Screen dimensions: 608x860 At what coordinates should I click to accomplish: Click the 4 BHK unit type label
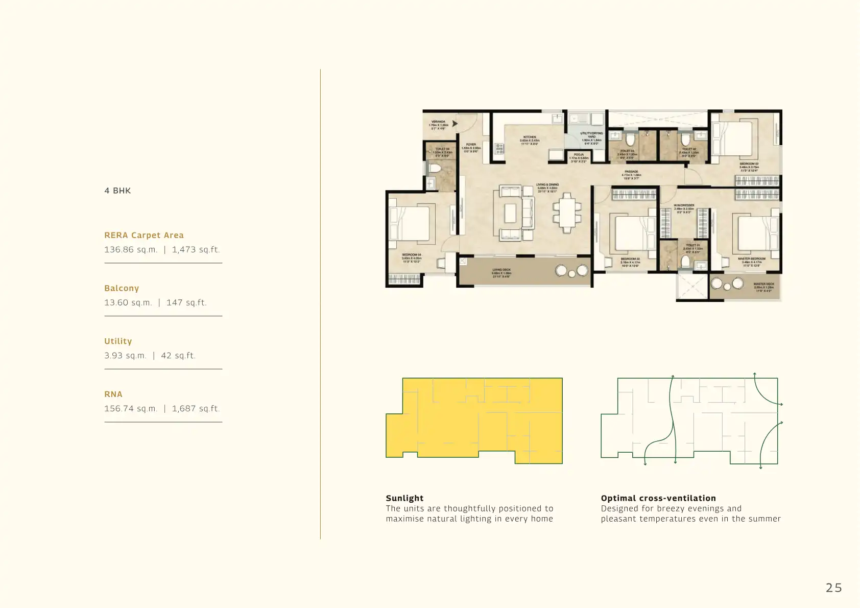click(117, 191)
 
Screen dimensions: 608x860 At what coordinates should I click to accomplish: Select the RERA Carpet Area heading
click(144, 235)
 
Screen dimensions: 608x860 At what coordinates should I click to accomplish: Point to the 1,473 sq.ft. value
click(196, 250)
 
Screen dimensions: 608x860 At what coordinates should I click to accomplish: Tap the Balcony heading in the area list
click(122, 288)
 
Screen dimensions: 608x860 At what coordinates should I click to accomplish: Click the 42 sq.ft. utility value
click(178, 356)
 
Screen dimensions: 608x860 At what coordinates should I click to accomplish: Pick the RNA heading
click(113, 394)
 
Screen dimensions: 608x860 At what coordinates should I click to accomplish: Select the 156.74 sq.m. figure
click(131, 409)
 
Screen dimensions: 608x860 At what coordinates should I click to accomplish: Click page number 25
click(833, 588)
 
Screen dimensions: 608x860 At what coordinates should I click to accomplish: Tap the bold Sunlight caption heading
click(404, 498)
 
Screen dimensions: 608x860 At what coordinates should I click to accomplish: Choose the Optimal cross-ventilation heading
click(658, 498)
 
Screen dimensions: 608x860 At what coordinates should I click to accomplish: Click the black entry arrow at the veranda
click(455, 124)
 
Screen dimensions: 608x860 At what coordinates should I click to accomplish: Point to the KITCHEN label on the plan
click(530, 137)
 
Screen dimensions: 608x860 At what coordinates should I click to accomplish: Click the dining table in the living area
click(567, 213)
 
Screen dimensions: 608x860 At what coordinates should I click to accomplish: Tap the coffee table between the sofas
click(510, 213)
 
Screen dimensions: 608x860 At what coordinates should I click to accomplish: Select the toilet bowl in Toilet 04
click(435, 168)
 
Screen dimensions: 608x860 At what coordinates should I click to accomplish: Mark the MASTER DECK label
click(763, 284)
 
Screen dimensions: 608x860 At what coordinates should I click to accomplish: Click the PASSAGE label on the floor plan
click(631, 172)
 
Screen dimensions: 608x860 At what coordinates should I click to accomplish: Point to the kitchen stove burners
click(499, 149)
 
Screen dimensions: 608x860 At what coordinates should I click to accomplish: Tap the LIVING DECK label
click(501, 270)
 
